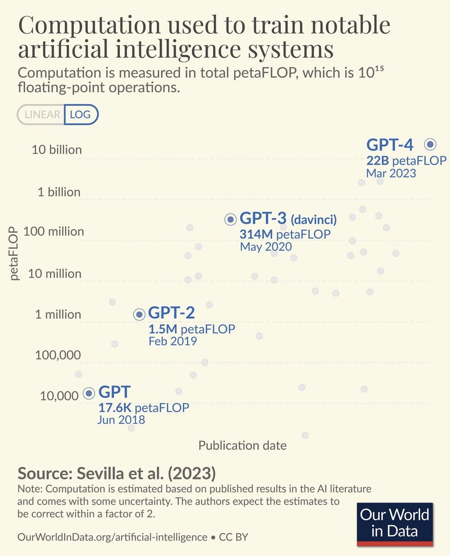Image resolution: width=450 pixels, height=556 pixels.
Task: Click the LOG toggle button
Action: pyautogui.click(x=80, y=115)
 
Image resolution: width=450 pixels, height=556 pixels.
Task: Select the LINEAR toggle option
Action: pyautogui.click(x=42, y=115)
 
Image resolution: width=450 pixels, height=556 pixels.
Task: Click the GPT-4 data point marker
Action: pyautogui.click(x=430, y=144)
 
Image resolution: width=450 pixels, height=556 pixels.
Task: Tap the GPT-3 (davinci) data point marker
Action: pyautogui.click(x=230, y=219)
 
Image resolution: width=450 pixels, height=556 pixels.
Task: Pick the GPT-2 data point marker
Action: pyautogui.click(x=139, y=314)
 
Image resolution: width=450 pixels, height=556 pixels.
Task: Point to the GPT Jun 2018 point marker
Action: pyautogui.click(x=89, y=393)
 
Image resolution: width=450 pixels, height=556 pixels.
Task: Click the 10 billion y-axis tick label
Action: pyautogui.click(x=57, y=149)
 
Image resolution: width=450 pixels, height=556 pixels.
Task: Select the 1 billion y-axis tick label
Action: pyautogui.click(x=59, y=192)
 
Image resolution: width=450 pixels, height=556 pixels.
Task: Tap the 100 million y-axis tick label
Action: pyautogui.click(x=53, y=231)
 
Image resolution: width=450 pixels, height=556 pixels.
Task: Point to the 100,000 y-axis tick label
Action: pyautogui.click(x=58, y=355)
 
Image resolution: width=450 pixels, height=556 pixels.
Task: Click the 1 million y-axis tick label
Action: pyautogui.click(x=58, y=314)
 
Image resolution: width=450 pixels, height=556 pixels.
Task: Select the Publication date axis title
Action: pyautogui.click(x=242, y=445)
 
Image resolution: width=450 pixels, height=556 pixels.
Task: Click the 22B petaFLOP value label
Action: pyautogui.click(x=406, y=161)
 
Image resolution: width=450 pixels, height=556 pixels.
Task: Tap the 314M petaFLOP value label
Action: pyautogui.click(x=285, y=234)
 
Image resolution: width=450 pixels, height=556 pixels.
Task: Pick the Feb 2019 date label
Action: pyautogui.click(x=173, y=341)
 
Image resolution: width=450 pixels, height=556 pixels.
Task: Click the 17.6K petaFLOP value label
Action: pyautogui.click(x=143, y=407)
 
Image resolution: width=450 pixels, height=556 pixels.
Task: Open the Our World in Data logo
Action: pyautogui.click(x=395, y=524)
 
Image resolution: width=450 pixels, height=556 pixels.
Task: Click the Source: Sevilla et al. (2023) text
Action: pyautogui.click(x=117, y=473)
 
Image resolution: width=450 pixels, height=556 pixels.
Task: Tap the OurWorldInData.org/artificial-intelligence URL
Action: pyautogui.click(x=112, y=537)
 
